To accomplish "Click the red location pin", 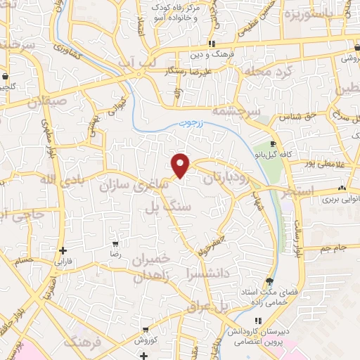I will [181, 165].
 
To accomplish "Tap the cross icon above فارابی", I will [63, 250].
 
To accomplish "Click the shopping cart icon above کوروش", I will [146, 330].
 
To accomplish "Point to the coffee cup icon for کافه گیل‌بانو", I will [272, 144].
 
